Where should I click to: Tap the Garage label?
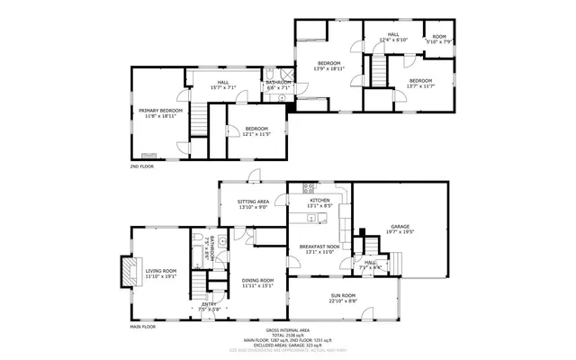[400, 226]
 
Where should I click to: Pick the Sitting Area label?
[253, 202]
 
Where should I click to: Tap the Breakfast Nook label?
[320, 246]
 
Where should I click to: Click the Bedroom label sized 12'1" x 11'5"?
[256, 129]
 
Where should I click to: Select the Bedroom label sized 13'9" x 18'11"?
[328, 63]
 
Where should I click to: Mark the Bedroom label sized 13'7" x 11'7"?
[421, 81]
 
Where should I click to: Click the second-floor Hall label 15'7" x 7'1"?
[222, 83]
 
